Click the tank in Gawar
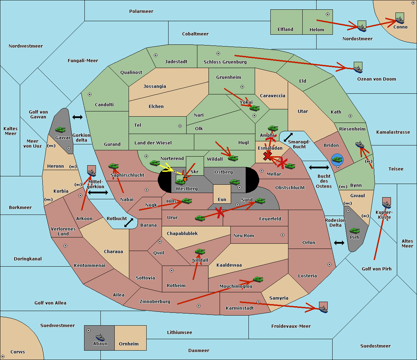point(60,129)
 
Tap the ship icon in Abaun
point(100,337)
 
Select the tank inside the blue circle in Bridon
point(337,159)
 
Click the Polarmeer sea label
point(141,11)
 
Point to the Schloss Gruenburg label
point(225,62)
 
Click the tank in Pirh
point(354,231)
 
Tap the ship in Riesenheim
point(360,144)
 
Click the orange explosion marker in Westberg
point(185,179)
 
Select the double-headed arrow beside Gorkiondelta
point(77,117)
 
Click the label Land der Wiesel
point(153,143)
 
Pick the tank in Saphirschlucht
point(113,166)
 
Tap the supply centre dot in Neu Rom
point(283,235)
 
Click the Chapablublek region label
point(182,233)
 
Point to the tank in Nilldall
point(200,252)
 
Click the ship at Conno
point(400,20)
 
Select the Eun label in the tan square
point(222,200)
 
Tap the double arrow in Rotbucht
point(129,223)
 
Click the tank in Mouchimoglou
point(258,279)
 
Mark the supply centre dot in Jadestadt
point(156,55)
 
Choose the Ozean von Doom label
point(377,79)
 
